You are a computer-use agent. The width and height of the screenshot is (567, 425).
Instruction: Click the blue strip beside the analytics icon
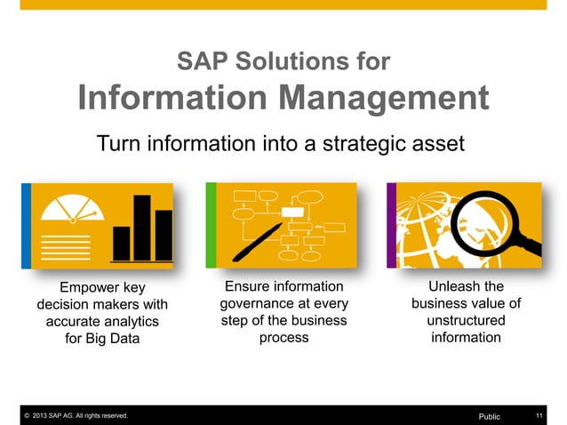click(x=27, y=225)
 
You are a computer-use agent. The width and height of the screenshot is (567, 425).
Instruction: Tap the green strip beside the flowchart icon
click(x=211, y=225)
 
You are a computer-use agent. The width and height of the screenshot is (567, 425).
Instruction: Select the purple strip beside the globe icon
click(x=391, y=225)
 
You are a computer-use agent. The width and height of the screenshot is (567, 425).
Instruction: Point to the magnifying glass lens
click(x=499, y=214)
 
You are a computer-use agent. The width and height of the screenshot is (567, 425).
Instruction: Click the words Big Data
click(x=110, y=338)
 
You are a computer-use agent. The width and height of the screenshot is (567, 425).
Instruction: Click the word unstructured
click(x=466, y=320)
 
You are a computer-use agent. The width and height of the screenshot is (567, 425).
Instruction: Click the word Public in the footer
click(x=490, y=416)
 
